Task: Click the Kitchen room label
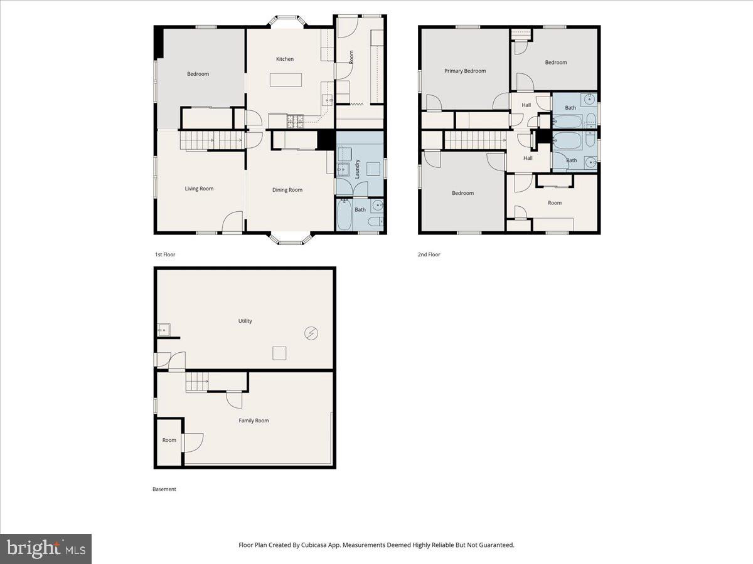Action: [285, 59]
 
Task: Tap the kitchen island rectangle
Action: [286, 80]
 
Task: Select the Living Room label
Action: [199, 189]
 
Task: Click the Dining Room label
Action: [287, 190]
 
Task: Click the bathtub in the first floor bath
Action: [344, 216]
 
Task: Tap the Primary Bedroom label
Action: [465, 71]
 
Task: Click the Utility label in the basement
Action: [245, 321]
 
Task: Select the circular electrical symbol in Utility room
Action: [311, 333]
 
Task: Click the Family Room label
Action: [254, 420]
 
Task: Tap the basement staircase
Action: [197, 382]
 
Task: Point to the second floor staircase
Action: [475, 140]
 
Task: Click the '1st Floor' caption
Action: [166, 254]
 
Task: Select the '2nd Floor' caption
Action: [429, 254]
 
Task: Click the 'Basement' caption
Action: [164, 489]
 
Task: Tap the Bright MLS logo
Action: [46, 549]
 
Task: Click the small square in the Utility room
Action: [279, 353]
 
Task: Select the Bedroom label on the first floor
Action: [198, 74]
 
